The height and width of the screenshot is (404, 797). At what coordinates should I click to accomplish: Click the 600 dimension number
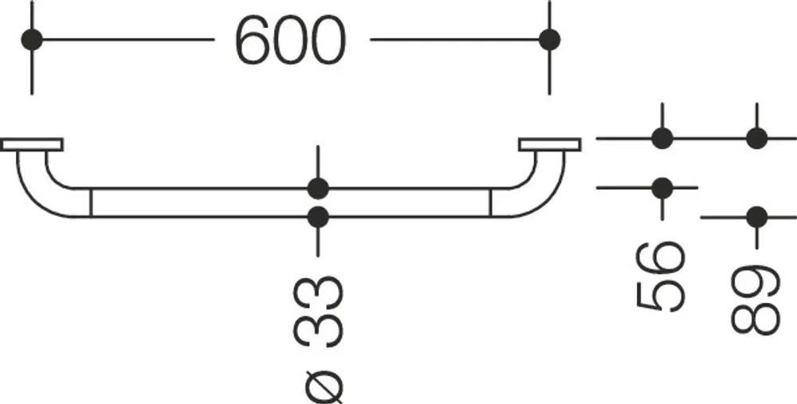click(x=291, y=40)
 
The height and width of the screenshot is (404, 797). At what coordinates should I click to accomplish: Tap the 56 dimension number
click(x=660, y=277)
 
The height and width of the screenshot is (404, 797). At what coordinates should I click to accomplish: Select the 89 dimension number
click(x=756, y=300)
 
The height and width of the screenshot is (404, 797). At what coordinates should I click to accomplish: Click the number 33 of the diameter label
click(x=319, y=312)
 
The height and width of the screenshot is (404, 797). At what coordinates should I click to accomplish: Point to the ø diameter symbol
click(x=319, y=382)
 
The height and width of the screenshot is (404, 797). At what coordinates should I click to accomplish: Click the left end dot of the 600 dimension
click(x=32, y=40)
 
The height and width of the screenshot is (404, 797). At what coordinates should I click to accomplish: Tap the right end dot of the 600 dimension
click(x=549, y=40)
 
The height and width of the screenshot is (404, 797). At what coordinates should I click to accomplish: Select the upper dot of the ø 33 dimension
click(x=318, y=189)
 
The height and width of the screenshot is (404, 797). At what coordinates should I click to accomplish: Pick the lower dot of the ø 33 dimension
click(x=318, y=218)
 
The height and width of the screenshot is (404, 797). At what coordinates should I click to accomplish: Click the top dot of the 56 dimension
click(x=662, y=138)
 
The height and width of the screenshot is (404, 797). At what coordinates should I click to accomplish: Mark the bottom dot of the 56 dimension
click(x=662, y=189)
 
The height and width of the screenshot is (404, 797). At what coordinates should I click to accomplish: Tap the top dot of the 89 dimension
click(x=757, y=138)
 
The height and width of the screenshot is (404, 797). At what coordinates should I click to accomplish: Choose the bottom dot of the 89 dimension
click(x=757, y=218)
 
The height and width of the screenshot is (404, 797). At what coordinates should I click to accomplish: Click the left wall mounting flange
click(x=32, y=145)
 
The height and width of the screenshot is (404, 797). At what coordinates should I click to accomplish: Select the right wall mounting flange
click(x=550, y=145)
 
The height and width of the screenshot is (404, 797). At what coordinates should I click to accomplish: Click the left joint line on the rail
click(x=91, y=203)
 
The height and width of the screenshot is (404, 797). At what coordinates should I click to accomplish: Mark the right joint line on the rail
click(x=491, y=203)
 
